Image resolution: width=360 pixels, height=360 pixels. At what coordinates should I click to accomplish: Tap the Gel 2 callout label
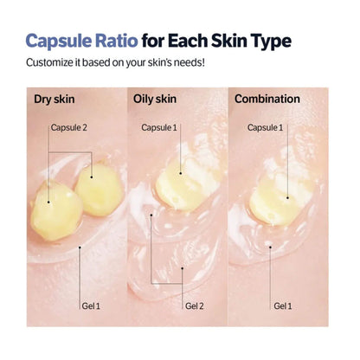coord(196,305)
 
